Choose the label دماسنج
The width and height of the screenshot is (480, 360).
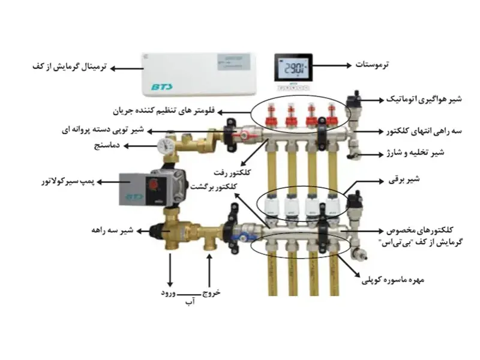coord(110,145)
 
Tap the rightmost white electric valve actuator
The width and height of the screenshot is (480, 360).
coord(333,205)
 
